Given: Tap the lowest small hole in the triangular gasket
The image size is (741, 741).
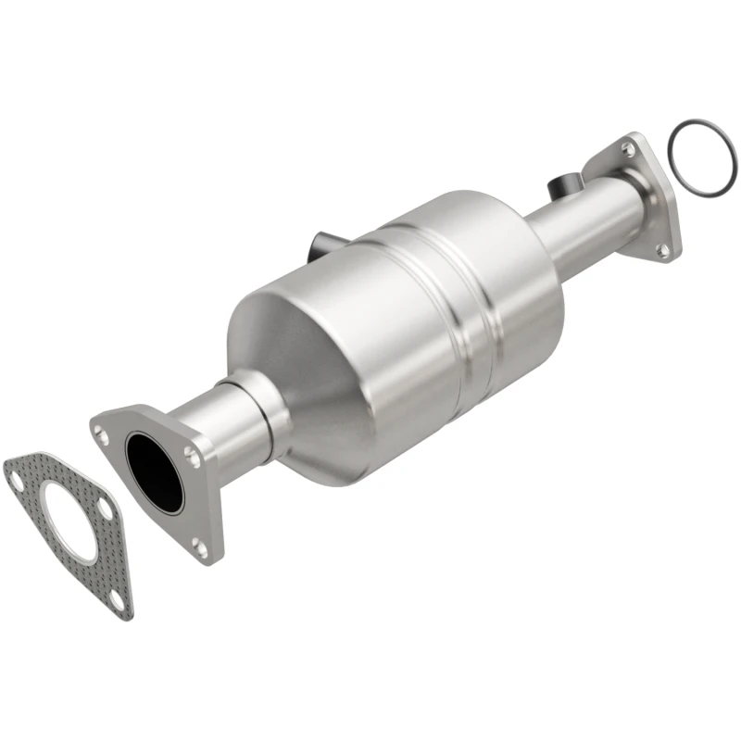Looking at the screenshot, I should [115, 600].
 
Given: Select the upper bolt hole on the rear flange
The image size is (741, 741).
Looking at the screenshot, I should [629, 148].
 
